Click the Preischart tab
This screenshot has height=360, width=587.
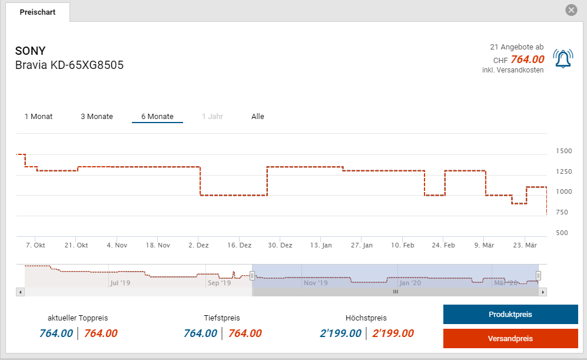(x=38, y=12)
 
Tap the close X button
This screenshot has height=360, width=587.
(x=571, y=10)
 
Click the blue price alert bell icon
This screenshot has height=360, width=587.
(x=563, y=58)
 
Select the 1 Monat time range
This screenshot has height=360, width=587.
(x=38, y=117)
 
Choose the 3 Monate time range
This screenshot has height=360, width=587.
(x=97, y=117)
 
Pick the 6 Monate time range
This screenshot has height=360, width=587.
(x=157, y=117)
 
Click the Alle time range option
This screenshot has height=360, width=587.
(x=258, y=117)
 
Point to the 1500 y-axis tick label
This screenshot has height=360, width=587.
(x=564, y=151)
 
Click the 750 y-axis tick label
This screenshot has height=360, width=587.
(x=562, y=213)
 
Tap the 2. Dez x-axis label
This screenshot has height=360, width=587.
(x=198, y=245)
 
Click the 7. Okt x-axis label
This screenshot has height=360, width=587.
(x=35, y=245)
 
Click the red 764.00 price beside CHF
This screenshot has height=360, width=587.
(x=527, y=60)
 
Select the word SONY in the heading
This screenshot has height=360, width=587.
(x=30, y=51)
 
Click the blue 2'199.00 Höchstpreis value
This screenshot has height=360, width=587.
(x=340, y=333)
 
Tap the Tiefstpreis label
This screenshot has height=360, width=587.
(x=222, y=318)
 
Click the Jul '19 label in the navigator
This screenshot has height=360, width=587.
(x=120, y=283)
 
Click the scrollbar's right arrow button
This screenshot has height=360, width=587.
(x=543, y=292)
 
